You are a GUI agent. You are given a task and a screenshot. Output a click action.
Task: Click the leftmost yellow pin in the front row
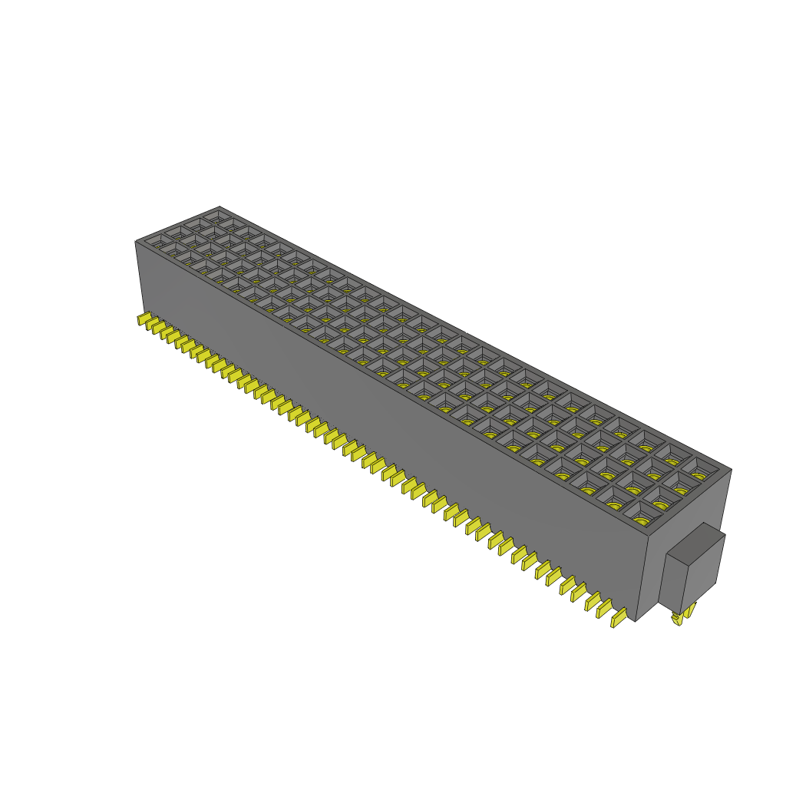tap(143, 320)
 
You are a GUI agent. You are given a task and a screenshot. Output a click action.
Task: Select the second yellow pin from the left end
tap(151, 325)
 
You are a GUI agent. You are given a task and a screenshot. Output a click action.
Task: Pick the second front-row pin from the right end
tap(603, 606)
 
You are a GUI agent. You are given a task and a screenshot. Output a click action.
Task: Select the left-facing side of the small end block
tap(673, 580)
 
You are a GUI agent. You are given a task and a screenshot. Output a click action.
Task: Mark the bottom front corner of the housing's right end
tap(636, 621)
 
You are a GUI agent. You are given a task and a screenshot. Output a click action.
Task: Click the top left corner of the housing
tap(136, 242)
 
